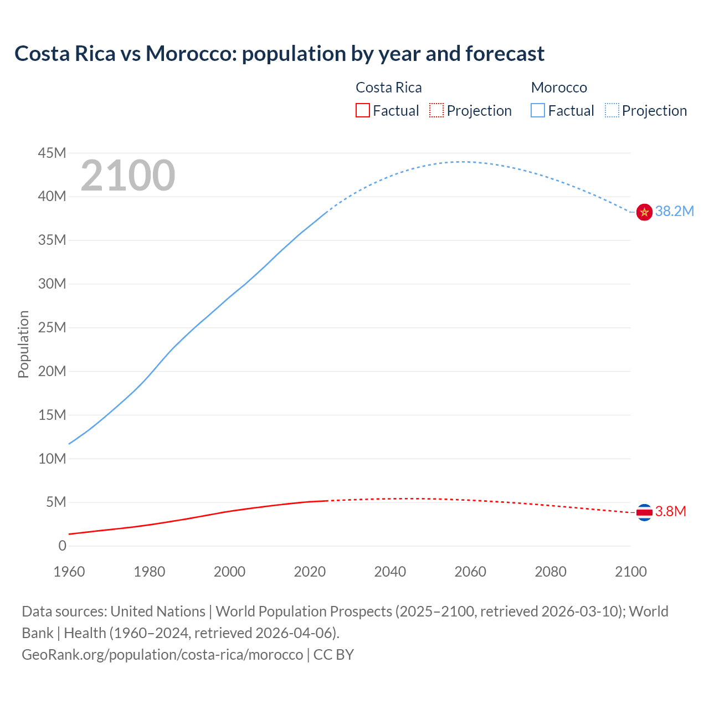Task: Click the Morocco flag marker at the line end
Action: (x=644, y=212)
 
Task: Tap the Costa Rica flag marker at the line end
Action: (x=644, y=512)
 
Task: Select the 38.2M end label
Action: (x=674, y=211)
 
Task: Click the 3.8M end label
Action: (x=670, y=511)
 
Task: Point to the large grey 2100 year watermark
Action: (x=128, y=176)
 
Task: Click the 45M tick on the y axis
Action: (x=52, y=153)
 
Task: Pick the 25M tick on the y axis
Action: (x=52, y=327)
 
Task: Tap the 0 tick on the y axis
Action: (x=62, y=546)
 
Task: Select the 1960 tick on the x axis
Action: (x=69, y=572)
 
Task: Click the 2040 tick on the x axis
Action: (x=390, y=572)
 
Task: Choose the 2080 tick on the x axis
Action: (x=551, y=572)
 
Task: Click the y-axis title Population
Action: (x=23, y=344)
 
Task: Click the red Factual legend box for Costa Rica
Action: (x=363, y=110)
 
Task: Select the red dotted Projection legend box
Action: (x=436, y=110)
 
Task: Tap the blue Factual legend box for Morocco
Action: (x=538, y=110)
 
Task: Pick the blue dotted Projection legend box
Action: (x=612, y=110)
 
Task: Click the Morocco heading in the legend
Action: (x=559, y=88)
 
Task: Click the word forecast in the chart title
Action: (x=505, y=54)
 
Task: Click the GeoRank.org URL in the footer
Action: (x=162, y=654)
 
